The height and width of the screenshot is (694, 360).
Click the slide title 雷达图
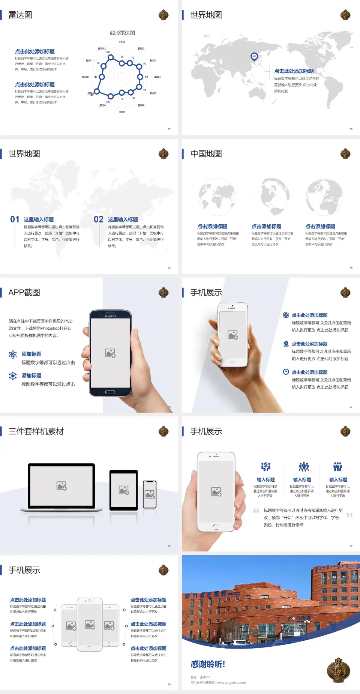[x=20, y=15]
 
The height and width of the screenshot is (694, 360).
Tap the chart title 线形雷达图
[x=122, y=33]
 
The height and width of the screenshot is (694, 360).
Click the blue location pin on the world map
[x=254, y=57]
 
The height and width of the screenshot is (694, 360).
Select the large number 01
[x=15, y=219]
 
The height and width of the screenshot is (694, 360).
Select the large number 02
[x=99, y=219]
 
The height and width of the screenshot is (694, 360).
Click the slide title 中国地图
[x=206, y=154]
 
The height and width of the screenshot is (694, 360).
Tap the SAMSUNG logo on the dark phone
[x=110, y=316]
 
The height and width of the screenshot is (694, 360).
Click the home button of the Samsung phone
[x=110, y=392]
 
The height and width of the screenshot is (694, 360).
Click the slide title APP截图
[x=24, y=293]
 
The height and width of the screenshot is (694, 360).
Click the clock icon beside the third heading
[x=286, y=372]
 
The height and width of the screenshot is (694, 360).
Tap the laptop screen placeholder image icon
[x=61, y=486]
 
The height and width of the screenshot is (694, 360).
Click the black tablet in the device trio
[x=123, y=490]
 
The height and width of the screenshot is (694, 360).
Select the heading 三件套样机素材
[x=36, y=431]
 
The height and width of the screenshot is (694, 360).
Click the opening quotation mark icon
[x=256, y=510]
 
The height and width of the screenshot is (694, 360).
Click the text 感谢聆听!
[x=208, y=664]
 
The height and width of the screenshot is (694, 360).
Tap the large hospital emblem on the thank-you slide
[x=338, y=670]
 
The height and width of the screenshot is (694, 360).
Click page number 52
[x=169, y=129]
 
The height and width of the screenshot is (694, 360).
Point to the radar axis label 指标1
[x=121, y=42]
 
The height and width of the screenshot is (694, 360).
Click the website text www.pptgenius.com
[x=231, y=683]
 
